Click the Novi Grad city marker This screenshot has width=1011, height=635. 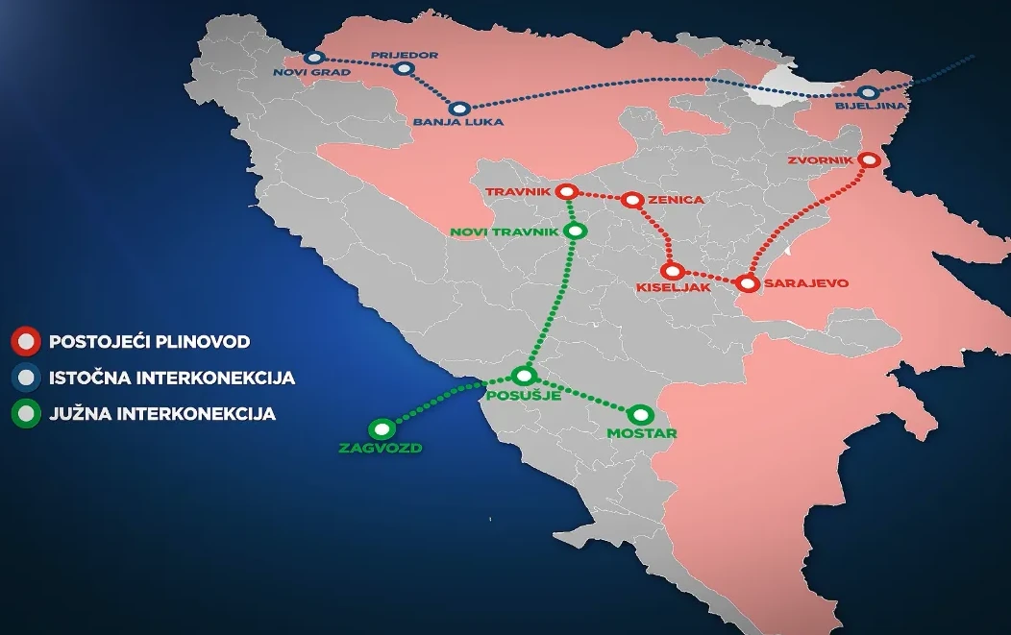[x=312, y=58]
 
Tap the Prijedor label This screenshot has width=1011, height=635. [x=411, y=56]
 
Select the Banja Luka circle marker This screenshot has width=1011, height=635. [x=459, y=109]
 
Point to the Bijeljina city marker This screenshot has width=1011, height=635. [x=869, y=93]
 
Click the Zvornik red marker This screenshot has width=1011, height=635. [x=871, y=160]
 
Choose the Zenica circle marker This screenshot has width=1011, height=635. [x=631, y=200]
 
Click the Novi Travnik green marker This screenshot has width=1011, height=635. [x=576, y=231]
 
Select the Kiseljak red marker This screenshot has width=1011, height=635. [x=673, y=272]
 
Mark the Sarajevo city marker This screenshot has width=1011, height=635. [x=747, y=283]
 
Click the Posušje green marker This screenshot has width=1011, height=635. [x=524, y=376]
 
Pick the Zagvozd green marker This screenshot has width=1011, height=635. [x=382, y=429]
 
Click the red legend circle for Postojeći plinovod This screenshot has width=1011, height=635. [x=25, y=341]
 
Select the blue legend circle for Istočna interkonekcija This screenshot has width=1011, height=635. [x=25, y=378]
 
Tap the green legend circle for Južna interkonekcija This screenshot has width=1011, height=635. [x=25, y=415]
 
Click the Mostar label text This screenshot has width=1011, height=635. [x=642, y=433]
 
